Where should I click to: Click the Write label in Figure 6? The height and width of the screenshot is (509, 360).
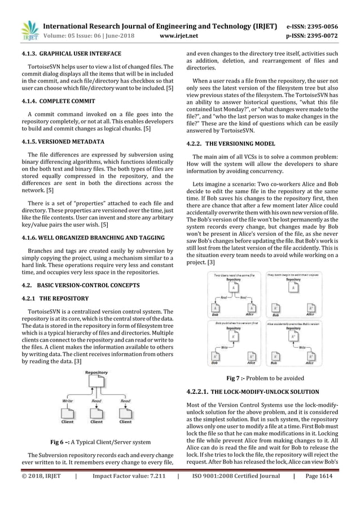pyautogui.click(x=67, y=401)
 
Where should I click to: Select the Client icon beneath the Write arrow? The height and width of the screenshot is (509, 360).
pyautogui.click(x=67, y=415)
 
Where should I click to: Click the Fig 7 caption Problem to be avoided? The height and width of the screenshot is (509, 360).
pyautogui.click(x=265, y=378)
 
